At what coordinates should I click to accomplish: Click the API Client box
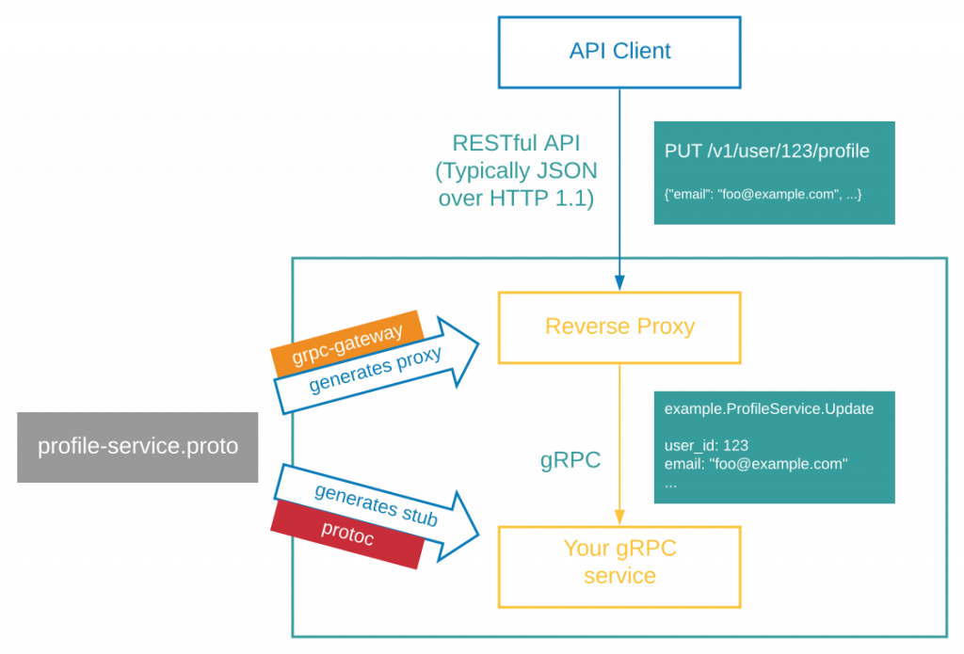pyautogui.click(x=619, y=51)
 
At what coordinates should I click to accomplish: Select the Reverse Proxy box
pyautogui.click(x=619, y=327)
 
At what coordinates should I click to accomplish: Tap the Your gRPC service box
pyautogui.click(x=619, y=562)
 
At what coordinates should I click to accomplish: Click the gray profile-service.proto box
pyautogui.click(x=137, y=447)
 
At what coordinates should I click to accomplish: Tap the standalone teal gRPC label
pyautogui.click(x=570, y=461)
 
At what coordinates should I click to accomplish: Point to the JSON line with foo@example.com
pyautogui.click(x=763, y=194)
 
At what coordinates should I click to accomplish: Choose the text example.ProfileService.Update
pyautogui.click(x=769, y=409)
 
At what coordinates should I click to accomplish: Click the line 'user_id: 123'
pyautogui.click(x=706, y=445)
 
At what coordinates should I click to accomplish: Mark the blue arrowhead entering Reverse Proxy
pyautogui.click(x=619, y=281)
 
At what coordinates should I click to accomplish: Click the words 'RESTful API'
pyautogui.click(x=516, y=144)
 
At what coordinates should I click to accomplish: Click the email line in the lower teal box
pyautogui.click(x=756, y=464)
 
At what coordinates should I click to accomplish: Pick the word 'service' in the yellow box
pyautogui.click(x=619, y=576)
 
